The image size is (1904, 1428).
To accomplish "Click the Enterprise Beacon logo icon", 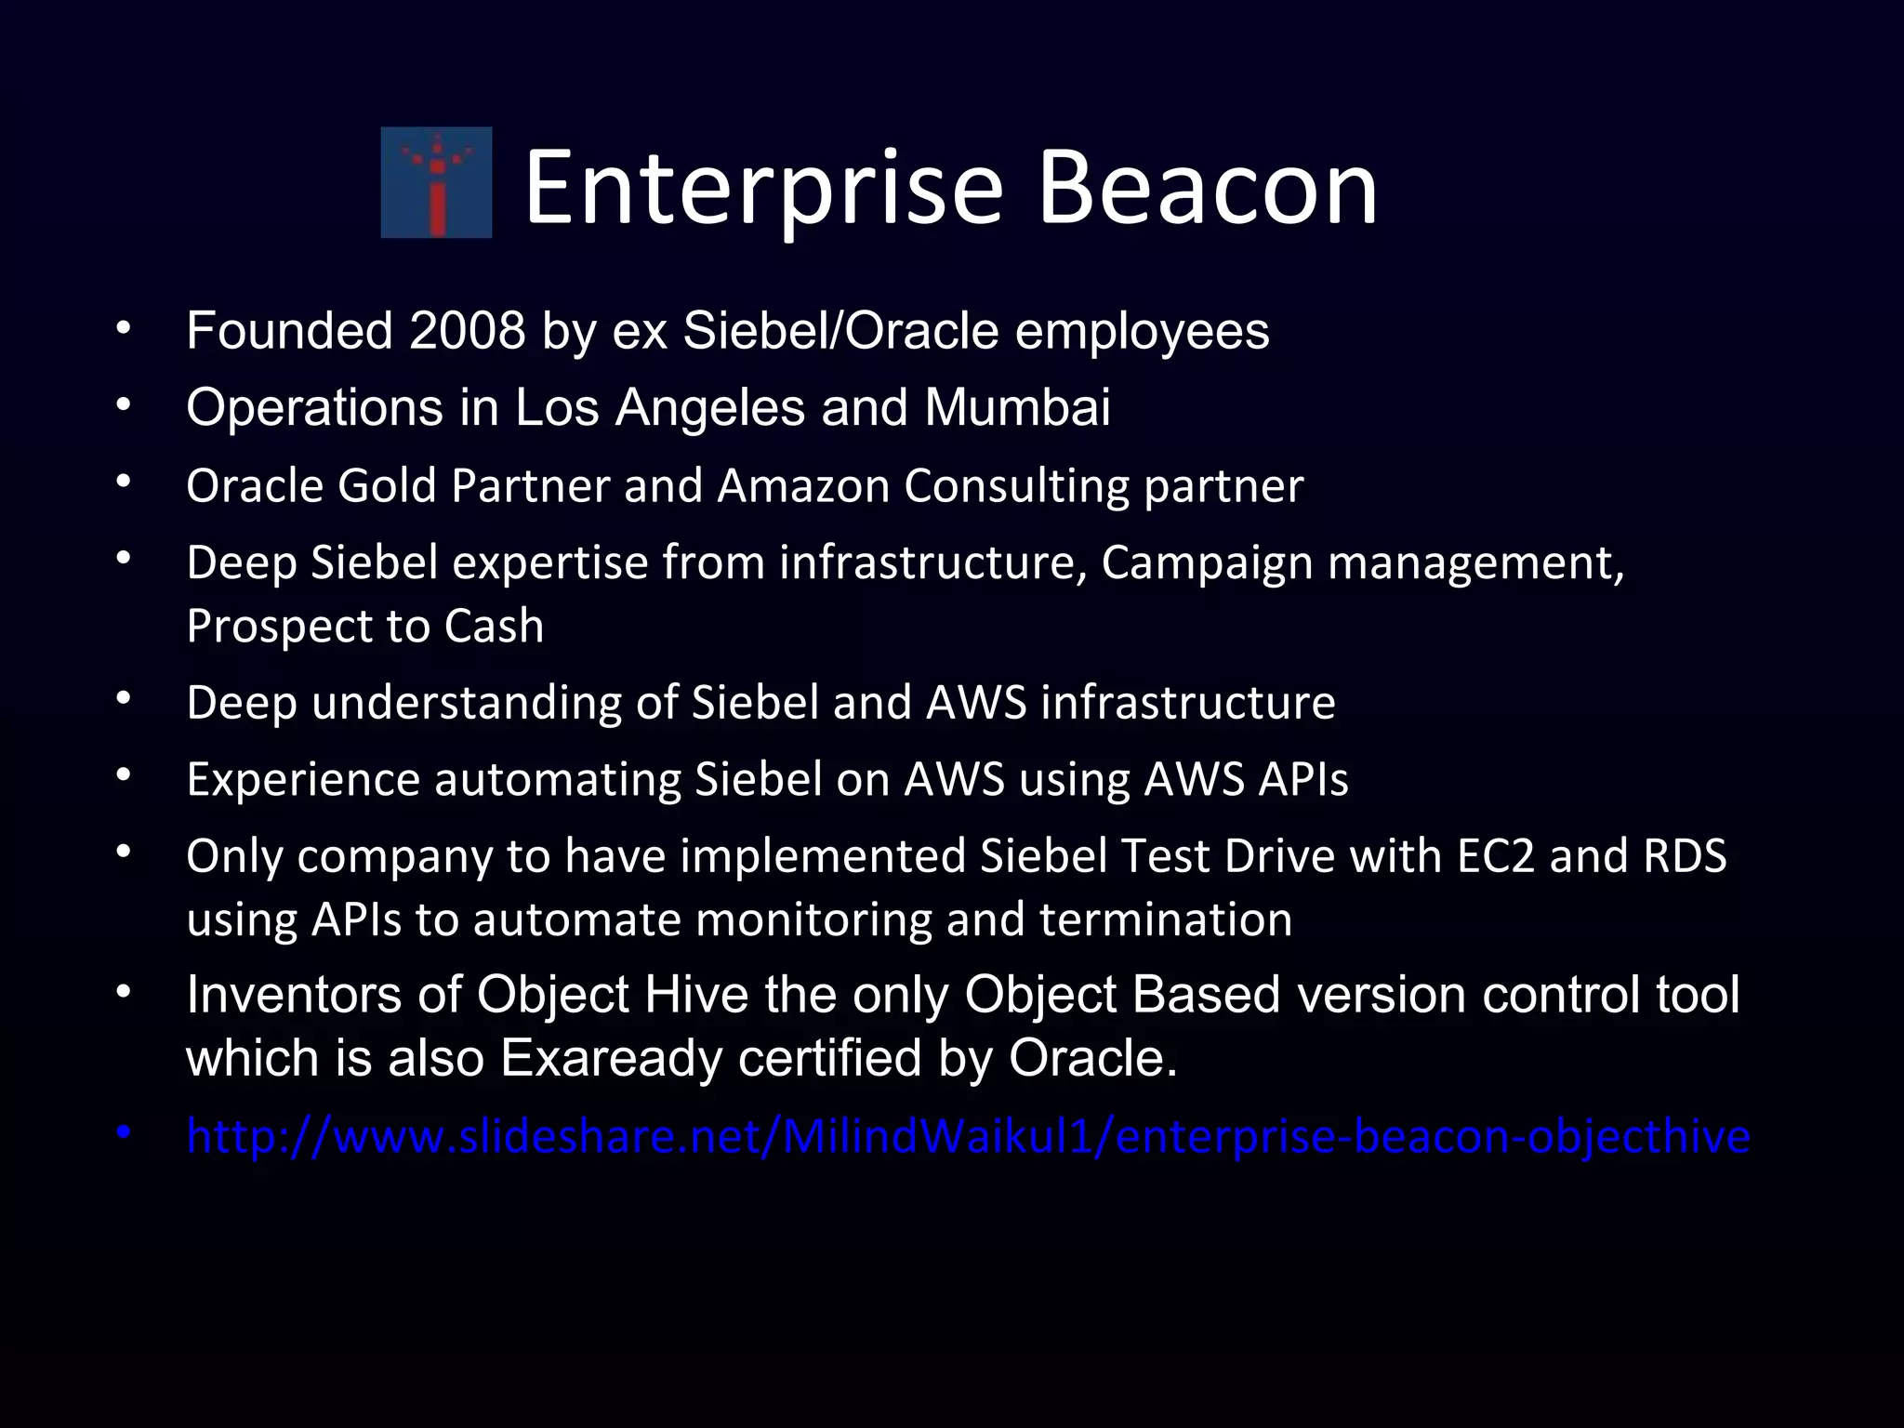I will point(436,182).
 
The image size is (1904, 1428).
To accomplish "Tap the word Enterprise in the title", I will point(763,189).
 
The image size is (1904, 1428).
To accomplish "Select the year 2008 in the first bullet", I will point(467,331).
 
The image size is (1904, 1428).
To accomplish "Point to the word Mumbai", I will point(1017,407).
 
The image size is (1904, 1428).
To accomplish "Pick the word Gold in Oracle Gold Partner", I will point(387,485).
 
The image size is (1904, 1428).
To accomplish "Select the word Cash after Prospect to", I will point(494,626).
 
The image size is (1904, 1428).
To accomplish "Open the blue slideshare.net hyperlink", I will point(967,1136).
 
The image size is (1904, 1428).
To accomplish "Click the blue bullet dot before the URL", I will point(123,1133).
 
